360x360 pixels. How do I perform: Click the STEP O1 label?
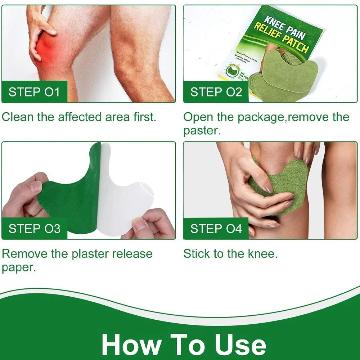click(x=34, y=92)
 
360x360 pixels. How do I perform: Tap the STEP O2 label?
click(x=216, y=92)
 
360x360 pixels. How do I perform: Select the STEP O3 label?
click(x=35, y=229)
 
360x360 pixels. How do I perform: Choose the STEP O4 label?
click(x=216, y=229)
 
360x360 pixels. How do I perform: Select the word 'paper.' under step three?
click(x=19, y=267)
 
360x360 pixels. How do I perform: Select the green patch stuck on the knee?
click(x=284, y=180)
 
